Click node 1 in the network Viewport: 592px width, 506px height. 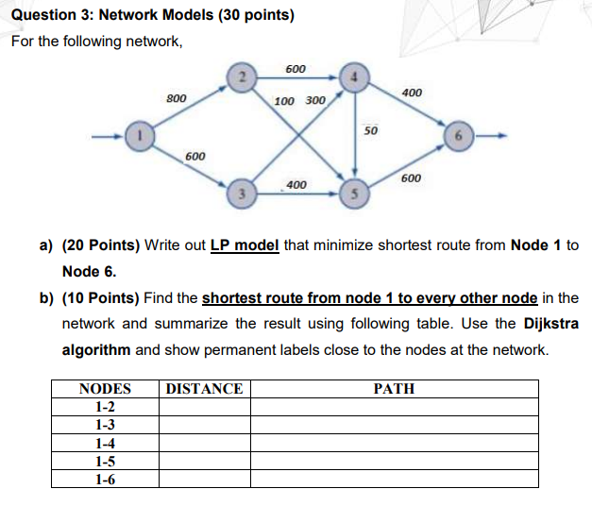(x=139, y=136)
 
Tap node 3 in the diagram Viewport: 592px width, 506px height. (x=241, y=194)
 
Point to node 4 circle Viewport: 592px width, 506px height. (x=354, y=77)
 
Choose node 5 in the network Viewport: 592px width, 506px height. (x=354, y=194)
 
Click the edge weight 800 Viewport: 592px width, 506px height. (x=176, y=97)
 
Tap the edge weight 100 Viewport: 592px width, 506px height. (x=284, y=101)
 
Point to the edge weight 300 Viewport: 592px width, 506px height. (x=315, y=101)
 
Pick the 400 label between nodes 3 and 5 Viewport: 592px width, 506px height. (x=296, y=184)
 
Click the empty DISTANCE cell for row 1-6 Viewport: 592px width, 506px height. (x=205, y=478)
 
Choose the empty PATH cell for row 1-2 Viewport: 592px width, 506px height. (x=394, y=407)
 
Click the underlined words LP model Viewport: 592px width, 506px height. (x=244, y=245)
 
